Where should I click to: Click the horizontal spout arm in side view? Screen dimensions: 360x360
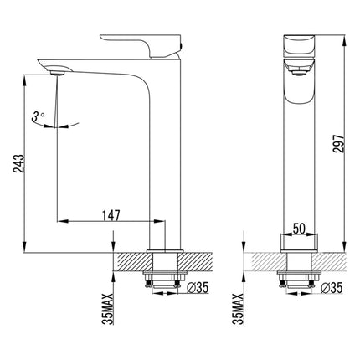[100, 65]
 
